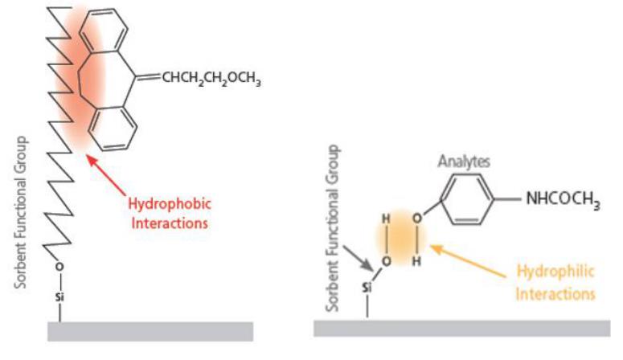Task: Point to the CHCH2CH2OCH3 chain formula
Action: [212, 79]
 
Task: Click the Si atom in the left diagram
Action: [59, 297]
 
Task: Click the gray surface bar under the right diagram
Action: [461, 328]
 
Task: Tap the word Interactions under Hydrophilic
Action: [555, 294]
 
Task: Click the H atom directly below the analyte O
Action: [416, 260]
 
